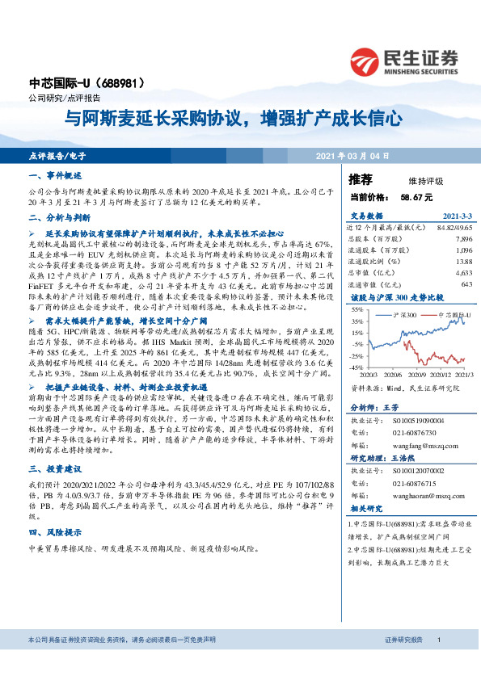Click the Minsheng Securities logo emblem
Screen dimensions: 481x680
coord(366,60)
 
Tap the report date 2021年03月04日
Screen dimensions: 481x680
coord(354,154)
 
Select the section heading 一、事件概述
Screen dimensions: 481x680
coord(55,175)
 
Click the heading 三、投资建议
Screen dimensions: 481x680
coord(55,468)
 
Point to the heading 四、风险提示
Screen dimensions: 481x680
coord(55,533)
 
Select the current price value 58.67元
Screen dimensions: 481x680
coord(416,196)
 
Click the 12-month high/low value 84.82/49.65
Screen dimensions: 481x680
coord(453,229)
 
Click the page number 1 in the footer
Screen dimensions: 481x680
coord(438,640)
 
